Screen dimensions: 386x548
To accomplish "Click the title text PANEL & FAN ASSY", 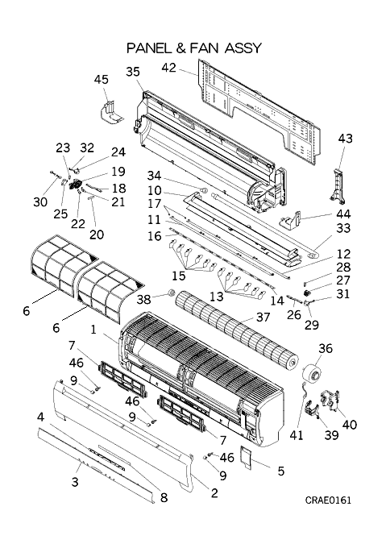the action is point(194,48).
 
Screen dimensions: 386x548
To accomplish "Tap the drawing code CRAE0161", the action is point(328,500).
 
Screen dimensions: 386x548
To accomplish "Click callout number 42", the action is point(169,68).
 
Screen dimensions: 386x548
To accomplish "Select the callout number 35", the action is point(133,72).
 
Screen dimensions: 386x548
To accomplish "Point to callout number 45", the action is point(101,79).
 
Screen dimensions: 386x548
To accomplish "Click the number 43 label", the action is point(345,139).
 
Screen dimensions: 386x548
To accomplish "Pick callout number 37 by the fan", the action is point(263,317).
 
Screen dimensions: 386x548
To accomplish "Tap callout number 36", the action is point(326,348).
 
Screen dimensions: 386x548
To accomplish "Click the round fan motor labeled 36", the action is point(313,376).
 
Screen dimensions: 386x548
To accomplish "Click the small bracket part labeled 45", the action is point(110,113).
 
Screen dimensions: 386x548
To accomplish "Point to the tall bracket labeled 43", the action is point(338,185).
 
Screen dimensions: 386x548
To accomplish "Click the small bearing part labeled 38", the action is point(172,293).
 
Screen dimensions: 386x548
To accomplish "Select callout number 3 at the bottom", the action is point(75,482).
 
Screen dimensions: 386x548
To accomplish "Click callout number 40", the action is point(349,424).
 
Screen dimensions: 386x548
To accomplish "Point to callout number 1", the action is point(93,330).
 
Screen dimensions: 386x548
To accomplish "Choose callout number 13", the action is point(217,297).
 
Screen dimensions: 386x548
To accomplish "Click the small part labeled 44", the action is point(290,220).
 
